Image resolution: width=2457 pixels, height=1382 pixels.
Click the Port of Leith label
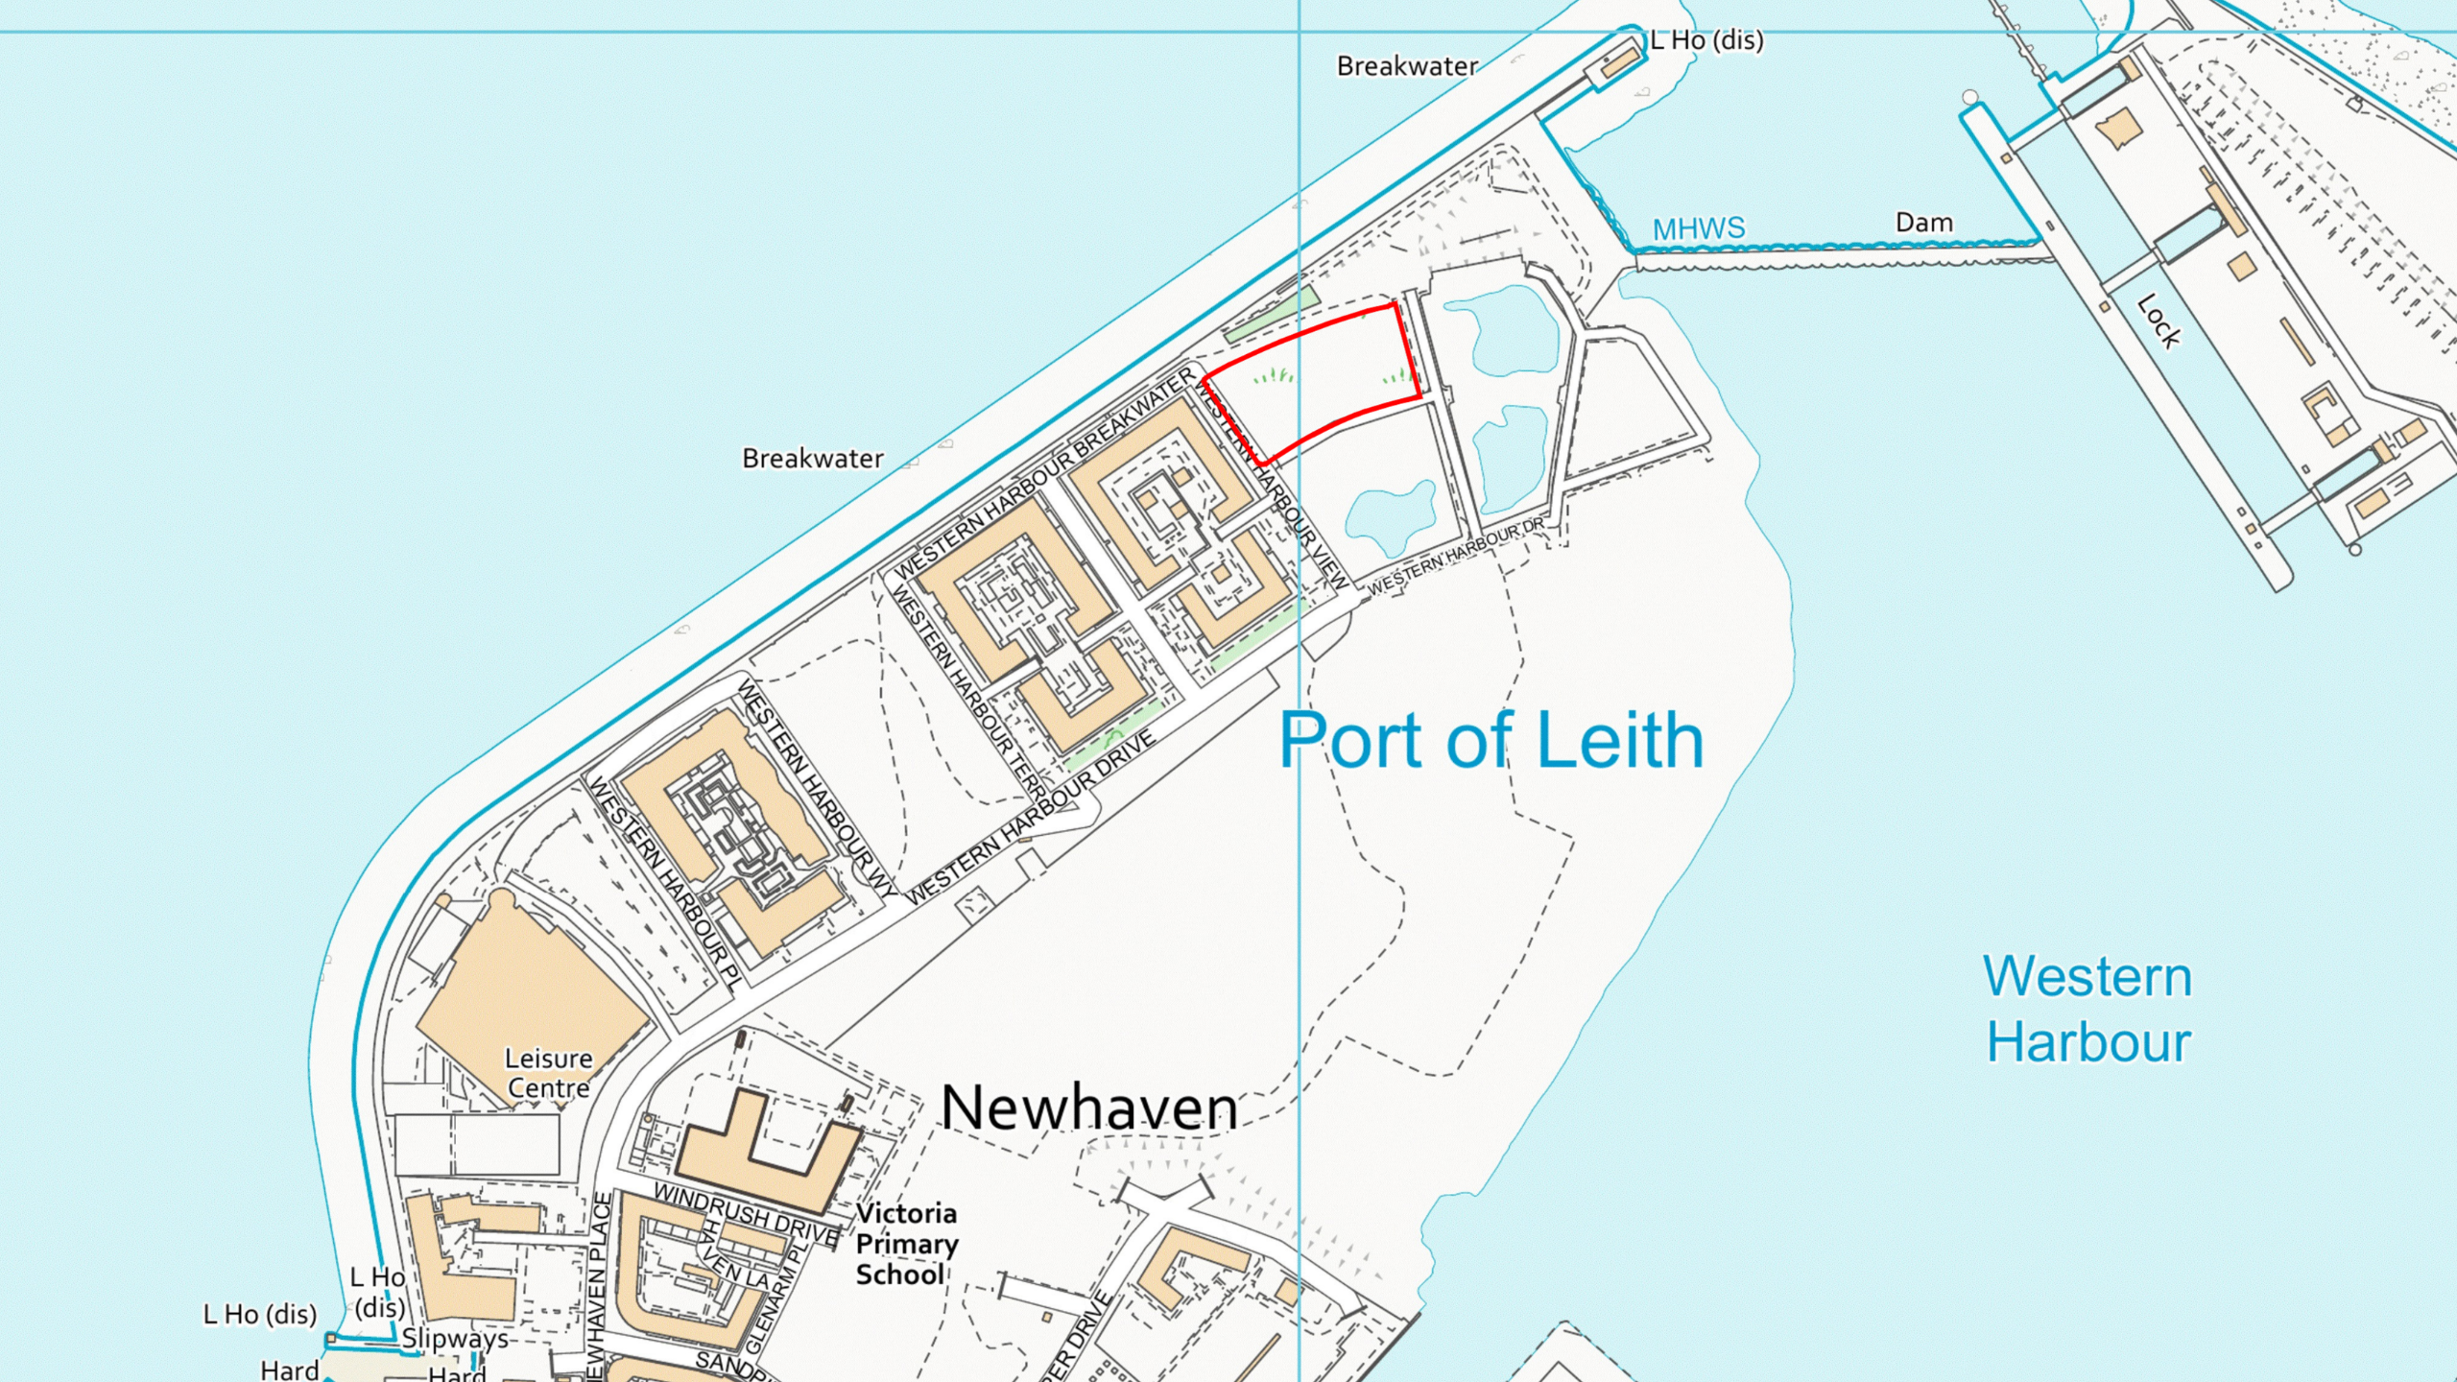pyautogui.click(x=1491, y=741)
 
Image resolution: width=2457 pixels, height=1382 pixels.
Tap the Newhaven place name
pyautogui.click(x=1089, y=1108)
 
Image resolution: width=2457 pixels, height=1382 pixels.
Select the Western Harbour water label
pyautogui.click(x=2088, y=1010)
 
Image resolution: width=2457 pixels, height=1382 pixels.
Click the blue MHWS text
pyautogui.click(x=1698, y=228)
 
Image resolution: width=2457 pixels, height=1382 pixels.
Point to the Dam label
pyautogui.click(x=1923, y=223)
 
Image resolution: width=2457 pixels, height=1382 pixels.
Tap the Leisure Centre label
pyautogui.click(x=548, y=1073)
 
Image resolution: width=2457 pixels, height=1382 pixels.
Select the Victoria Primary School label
pyautogui.click(x=906, y=1244)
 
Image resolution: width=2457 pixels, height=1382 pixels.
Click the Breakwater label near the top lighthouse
pyautogui.click(x=1407, y=66)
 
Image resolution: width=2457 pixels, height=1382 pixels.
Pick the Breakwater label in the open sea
pyautogui.click(x=812, y=459)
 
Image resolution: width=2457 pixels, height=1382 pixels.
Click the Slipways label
pyautogui.click(x=454, y=1339)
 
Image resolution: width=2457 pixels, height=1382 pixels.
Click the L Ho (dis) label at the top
pyautogui.click(x=1706, y=40)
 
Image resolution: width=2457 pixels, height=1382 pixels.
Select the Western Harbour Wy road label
pyautogui.click(x=816, y=787)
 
